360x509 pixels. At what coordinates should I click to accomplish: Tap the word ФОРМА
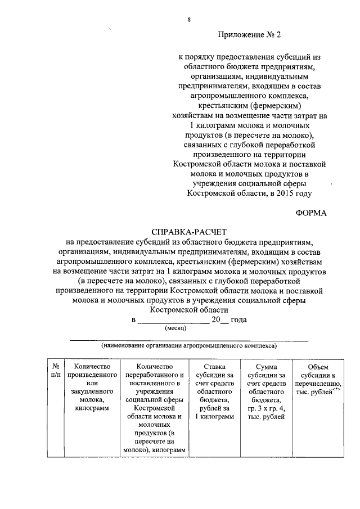click(310, 212)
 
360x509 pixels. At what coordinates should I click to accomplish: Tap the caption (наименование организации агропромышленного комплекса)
click(188, 346)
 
